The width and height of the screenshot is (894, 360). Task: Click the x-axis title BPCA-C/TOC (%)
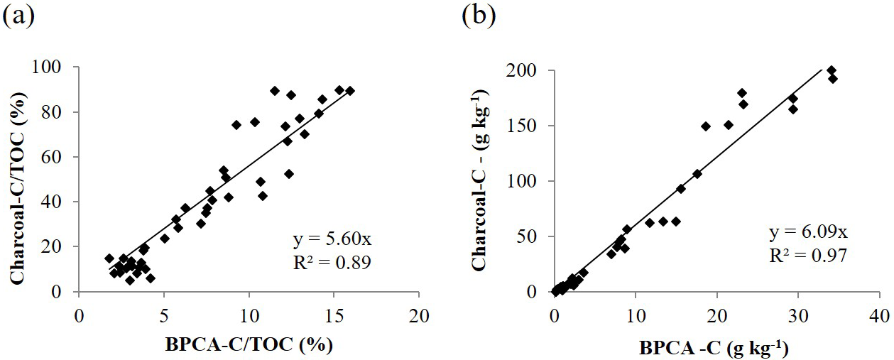tap(249, 345)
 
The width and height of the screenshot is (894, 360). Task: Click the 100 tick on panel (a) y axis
tap(55, 67)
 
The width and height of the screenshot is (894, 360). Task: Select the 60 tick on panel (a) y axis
tap(60, 157)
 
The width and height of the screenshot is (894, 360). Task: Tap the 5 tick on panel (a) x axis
tap(164, 313)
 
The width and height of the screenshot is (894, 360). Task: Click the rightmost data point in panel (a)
tap(350, 91)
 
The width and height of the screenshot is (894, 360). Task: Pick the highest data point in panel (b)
tap(832, 71)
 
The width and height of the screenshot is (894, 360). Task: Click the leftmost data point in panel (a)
tap(109, 258)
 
